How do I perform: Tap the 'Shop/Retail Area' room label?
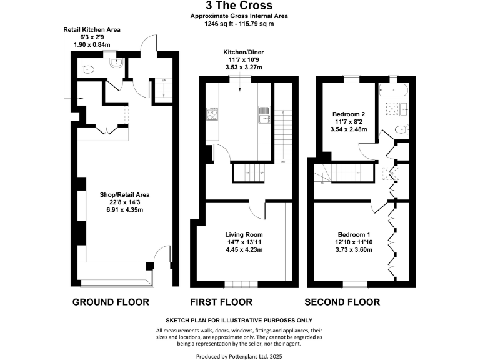(x=125, y=194)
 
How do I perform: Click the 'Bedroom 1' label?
(x=354, y=234)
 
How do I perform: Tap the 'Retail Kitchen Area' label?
(x=92, y=29)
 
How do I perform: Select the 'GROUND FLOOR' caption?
(x=111, y=302)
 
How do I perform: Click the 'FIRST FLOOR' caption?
(x=221, y=302)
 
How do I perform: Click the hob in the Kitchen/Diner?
(x=212, y=114)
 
